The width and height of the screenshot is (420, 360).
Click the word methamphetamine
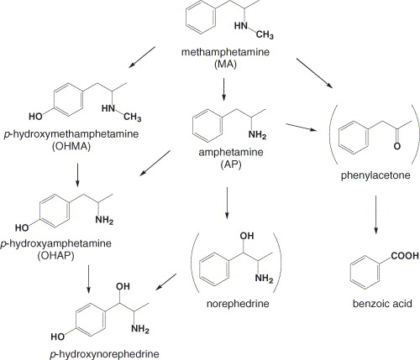pyautogui.click(x=225, y=52)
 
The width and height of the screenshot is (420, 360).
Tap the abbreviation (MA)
pyautogui.click(x=225, y=65)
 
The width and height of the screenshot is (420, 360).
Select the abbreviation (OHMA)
pyautogui.click(x=71, y=147)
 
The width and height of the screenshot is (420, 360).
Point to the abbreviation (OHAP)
pyautogui.click(x=56, y=256)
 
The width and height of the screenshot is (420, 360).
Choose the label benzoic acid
pyautogui.click(x=382, y=303)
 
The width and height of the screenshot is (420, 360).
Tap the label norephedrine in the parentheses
pyautogui.click(x=238, y=304)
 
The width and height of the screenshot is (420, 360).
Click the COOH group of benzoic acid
pyautogui.click(x=405, y=256)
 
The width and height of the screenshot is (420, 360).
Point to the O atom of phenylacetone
pyautogui.click(x=396, y=146)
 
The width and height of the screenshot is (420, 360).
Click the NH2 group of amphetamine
pyautogui.click(x=257, y=135)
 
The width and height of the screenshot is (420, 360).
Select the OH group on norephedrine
pyautogui.click(x=247, y=236)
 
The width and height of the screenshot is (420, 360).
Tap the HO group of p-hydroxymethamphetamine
pyautogui.click(x=35, y=116)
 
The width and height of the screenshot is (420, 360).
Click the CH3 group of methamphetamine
pyautogui.click(x=265, y=34)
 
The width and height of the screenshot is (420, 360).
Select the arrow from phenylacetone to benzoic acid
pyautogui.click(x=375, y=214)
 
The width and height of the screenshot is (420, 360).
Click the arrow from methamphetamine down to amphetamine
pyautogui.click(x=223, y=89)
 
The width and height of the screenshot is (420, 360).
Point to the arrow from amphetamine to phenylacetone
pyautogui.click(x=302, y=127)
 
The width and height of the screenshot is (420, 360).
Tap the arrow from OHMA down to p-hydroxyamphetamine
pyautogui.click(x=77, y=175)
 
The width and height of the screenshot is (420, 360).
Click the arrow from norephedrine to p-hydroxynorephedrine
pyautogui.click(x=166, y=282)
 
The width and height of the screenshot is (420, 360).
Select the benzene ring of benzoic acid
pyautogui.click(x=365, y=273)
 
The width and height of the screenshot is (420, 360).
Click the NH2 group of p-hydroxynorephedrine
pyautogui.click(x=140, y=329)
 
